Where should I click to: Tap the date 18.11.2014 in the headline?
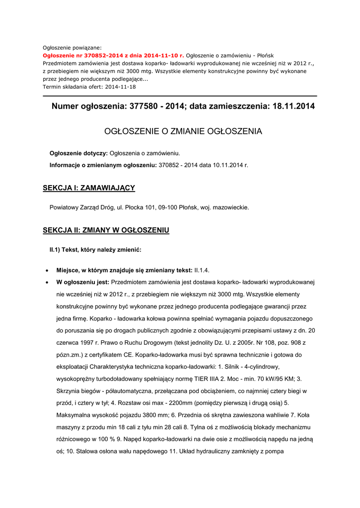(293, 107)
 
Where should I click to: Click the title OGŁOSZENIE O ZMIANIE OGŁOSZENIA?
(183, 131)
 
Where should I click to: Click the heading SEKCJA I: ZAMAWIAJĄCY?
(89, 188)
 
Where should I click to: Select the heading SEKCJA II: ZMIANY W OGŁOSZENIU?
(106, 230)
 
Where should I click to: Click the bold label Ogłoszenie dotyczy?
(78, 153)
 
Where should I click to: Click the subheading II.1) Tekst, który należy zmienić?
(95, 249)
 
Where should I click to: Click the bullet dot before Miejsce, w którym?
(46, 271)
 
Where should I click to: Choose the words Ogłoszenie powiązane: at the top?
(72, 48)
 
